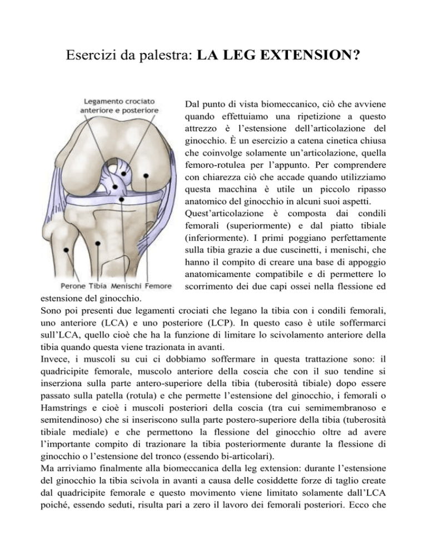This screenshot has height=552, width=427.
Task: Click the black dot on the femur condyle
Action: (146, 176)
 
